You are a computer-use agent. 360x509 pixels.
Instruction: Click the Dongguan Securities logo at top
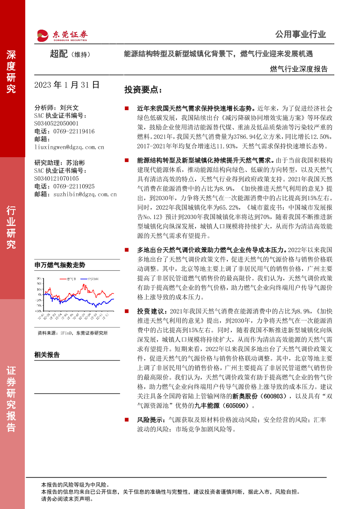[61, 35]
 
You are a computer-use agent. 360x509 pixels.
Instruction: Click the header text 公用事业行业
[300, 35]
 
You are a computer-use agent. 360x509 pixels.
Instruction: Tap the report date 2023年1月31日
[67, 85]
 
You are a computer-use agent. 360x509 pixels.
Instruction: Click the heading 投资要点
[143, 90]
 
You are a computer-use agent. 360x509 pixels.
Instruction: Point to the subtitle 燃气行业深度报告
[299, 69]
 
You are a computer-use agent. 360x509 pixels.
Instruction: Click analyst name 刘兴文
[69, 108]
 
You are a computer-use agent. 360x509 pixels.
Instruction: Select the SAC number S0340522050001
[56, 124]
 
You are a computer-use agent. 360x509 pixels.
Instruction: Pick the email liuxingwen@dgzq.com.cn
[69, 147]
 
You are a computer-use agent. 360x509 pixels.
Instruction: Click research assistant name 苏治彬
[76, 162]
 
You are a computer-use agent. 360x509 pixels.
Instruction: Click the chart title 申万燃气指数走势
[60, 265]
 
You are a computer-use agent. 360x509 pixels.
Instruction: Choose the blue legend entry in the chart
[90, 278]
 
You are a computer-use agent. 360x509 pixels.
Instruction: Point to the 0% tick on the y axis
[39, 294]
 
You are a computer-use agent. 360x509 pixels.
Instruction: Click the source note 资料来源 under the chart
[72, 333]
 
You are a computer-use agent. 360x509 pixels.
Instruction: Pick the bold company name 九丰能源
[201, 406]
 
